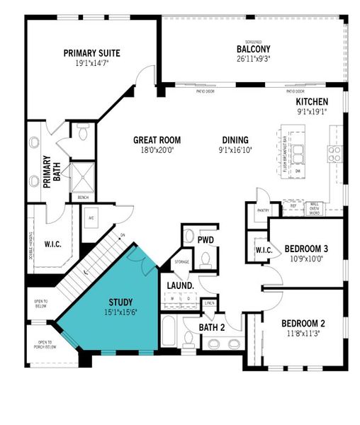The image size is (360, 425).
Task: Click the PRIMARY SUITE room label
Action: [x=91, y=52]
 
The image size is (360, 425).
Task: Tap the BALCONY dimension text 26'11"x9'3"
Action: [x=254, y=59]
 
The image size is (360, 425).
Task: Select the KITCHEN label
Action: [x=312, y=102]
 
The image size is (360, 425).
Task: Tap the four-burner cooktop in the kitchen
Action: [x=333, y=150]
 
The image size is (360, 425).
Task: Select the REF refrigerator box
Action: [x=293, y=206]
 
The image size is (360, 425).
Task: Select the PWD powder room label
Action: [x=206, y=240]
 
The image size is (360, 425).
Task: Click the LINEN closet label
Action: [x=210, y=303]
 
